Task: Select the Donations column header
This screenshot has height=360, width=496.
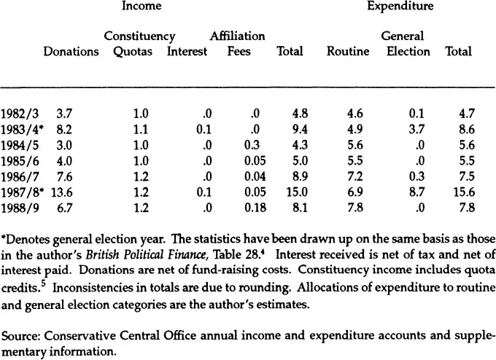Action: [x=71, y=52]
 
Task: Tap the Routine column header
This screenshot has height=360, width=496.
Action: [x=348, y=52]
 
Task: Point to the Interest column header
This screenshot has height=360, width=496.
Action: [x=187, y=52]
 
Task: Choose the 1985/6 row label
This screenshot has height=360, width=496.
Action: [x=17, y=161]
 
